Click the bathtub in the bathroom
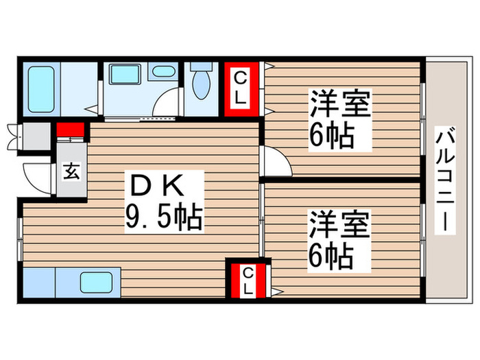41,86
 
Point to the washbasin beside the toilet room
163,71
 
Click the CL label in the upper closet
239,88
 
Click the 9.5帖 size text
163,217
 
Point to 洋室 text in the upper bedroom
339,106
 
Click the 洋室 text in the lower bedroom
339,226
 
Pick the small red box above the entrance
71,130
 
